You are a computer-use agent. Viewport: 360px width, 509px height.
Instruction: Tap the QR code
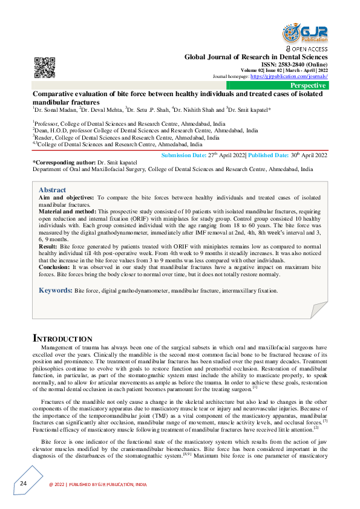(44, 66)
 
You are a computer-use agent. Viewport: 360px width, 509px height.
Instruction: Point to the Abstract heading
(53, 190)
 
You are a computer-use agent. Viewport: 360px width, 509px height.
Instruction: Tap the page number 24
(22, 484)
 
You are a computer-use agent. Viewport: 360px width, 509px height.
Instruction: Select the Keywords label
(56, 291)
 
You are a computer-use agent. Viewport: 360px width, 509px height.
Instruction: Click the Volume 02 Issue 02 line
(284, 71)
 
